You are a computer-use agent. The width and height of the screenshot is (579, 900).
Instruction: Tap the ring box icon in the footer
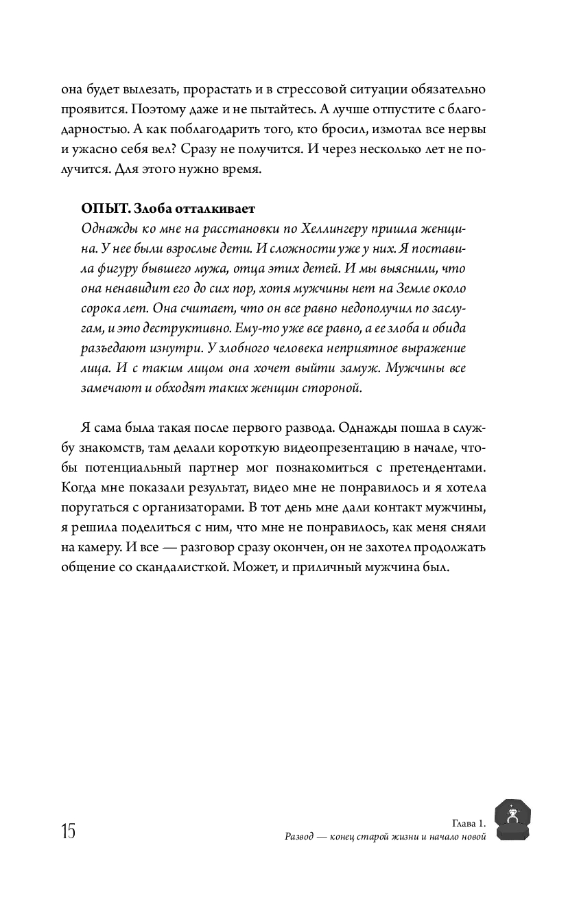point(512,820)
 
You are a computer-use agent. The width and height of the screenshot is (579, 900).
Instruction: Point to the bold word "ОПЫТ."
point(105,208)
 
